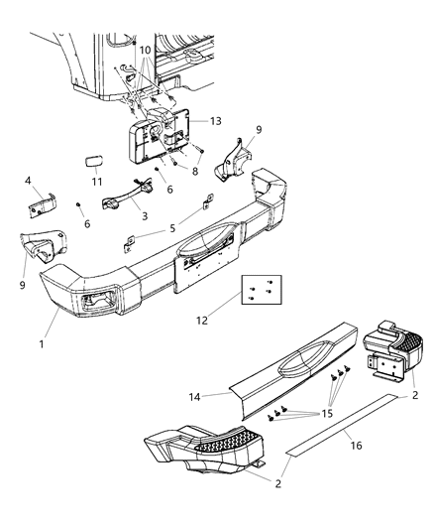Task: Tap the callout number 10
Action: coord(145,50)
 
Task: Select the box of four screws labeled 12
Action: coord(262,287)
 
